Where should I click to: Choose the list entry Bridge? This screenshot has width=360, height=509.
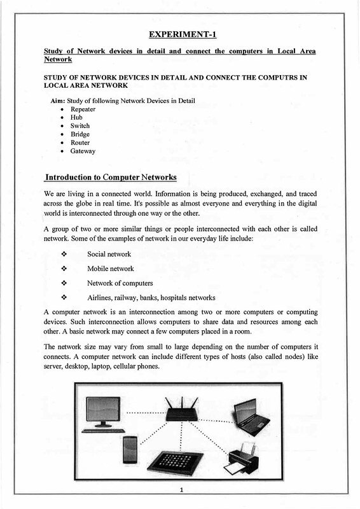(x=80, y=135)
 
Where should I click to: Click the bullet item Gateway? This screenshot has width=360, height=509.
(x=83, y=152)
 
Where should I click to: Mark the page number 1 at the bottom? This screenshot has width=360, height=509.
(x=181, y=491)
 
